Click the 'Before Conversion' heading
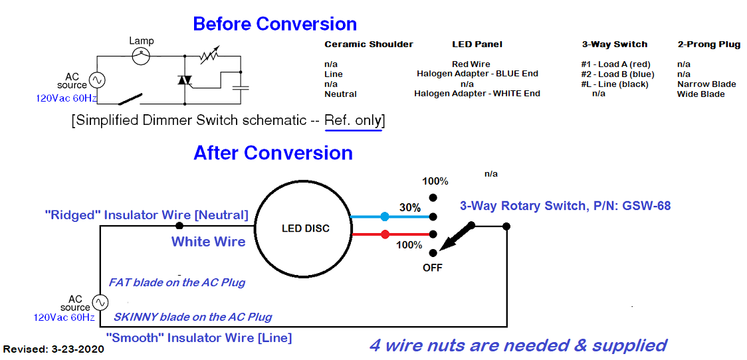pyautogui.click(x=274, y=24)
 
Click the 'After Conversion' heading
pyautogui.click(x=272, y=153)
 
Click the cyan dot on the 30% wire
pyautogui.click(x=385, y=217)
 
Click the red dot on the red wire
pyautogui.click(x=385, y=234)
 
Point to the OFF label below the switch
pyautogui.click(x=432, y=268)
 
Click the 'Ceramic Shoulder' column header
pyautogui.click(x=368, y=45)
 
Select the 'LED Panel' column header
pyautogui.click(x=477, y=45)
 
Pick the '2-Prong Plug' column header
pyautogui.click(x=708, y=45)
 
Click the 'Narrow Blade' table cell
pyautogui.click(x=706, y=84)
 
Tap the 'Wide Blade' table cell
pyautogui.click(x=700, y=94)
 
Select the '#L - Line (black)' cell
pyautogui.click(x=614, y=84)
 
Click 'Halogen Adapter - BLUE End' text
pyautogui.click(x=477, y=74)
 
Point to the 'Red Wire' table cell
pyautogui.click(x=471, y=64)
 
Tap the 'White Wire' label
pyautogui.click(x=208, y=242)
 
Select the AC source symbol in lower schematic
pyautogui.click(x=100, y=302)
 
